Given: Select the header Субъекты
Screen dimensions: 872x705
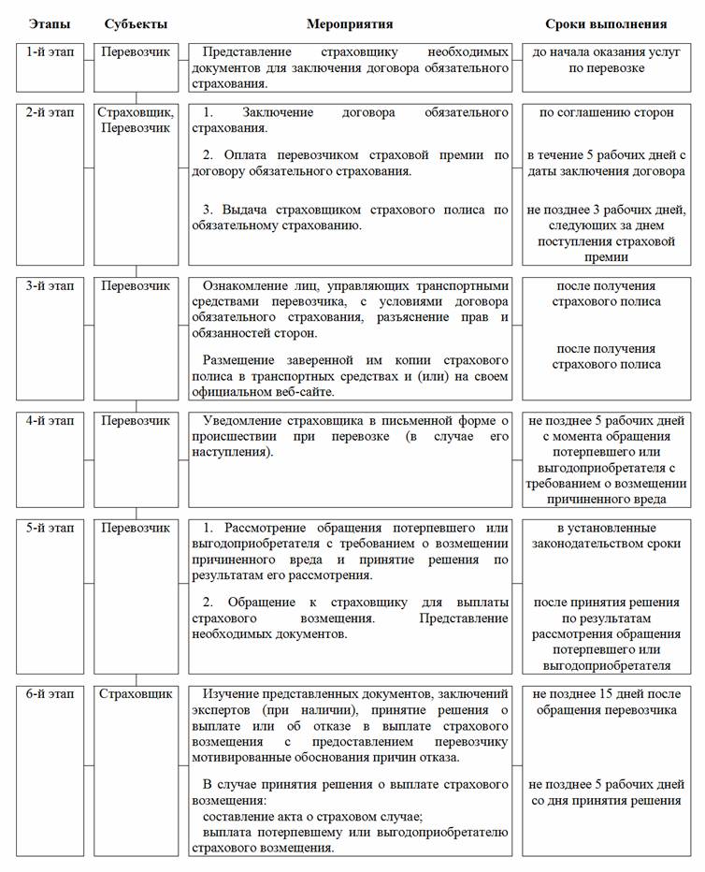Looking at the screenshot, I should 137,23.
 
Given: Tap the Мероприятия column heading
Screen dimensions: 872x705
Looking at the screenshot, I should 350,23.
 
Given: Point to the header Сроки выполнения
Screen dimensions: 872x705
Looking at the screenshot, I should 606,23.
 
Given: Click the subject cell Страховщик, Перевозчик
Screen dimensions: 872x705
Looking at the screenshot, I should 137,120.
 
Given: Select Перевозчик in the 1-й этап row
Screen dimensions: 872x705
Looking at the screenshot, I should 137,51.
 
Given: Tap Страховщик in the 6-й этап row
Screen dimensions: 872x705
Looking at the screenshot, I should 137,693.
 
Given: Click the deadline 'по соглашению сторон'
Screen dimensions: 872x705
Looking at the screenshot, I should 606,112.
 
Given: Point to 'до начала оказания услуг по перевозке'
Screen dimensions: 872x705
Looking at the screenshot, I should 606,60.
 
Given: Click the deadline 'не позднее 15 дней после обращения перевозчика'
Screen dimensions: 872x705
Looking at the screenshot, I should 606,702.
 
